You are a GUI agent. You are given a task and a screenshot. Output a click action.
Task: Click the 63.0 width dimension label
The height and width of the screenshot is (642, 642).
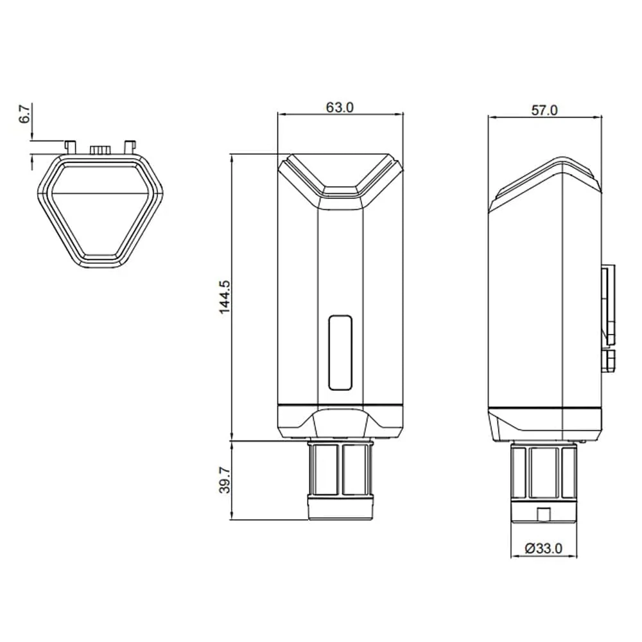click(340, 107)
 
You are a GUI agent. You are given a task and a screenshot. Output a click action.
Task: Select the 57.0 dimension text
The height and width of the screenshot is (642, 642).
click(544, 110)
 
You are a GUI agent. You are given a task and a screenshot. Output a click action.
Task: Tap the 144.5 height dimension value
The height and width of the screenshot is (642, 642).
click(224, 297)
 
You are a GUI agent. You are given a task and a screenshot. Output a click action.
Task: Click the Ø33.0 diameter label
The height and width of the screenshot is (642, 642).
click(543, 548)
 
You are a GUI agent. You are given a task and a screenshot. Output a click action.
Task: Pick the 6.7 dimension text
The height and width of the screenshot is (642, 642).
click(24, 116)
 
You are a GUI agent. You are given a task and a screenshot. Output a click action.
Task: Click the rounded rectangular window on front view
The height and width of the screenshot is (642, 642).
click(340, 352)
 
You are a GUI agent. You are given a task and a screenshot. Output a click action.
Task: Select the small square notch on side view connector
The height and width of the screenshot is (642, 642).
click(543, 514)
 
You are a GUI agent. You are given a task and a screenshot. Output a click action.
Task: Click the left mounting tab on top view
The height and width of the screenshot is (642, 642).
click(70, 146)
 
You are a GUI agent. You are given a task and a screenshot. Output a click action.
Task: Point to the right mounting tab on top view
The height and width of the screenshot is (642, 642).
click(130, 146)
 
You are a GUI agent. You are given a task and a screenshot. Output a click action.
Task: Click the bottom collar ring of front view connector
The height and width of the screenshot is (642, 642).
click(340, 508)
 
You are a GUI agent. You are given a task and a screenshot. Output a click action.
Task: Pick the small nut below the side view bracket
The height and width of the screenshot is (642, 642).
click(609, 360)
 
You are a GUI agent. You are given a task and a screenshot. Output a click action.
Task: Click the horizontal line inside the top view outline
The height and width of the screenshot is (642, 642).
click(100, 193)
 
